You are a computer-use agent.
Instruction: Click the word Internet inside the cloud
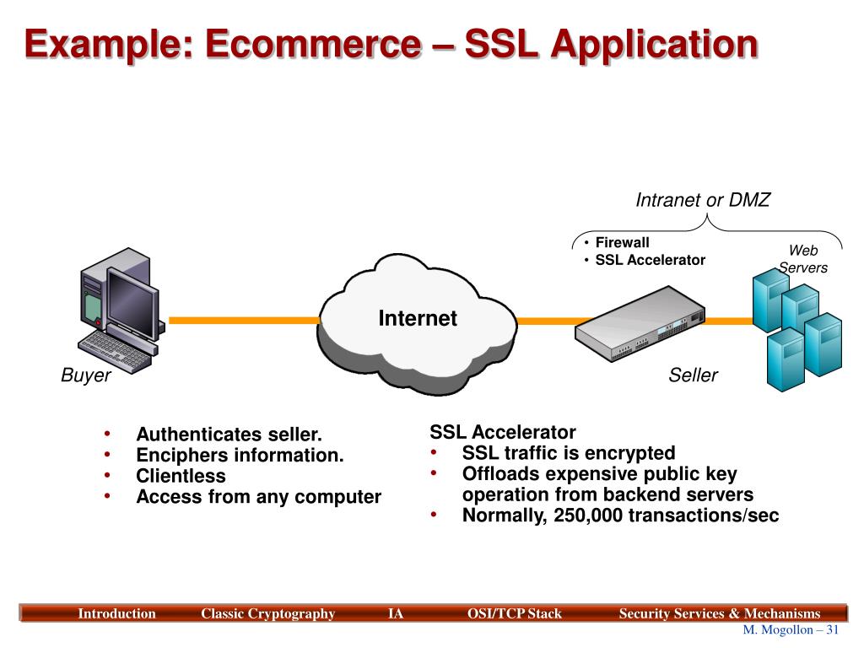(418, 318)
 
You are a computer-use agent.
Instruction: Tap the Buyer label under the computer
(86, 375)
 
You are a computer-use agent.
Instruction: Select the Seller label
(694, 375)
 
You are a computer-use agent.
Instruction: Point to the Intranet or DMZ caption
(703, 199)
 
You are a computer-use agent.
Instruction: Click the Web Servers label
(803, 259)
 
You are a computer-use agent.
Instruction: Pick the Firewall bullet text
(622, 242)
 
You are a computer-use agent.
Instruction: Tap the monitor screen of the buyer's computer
(132, 303)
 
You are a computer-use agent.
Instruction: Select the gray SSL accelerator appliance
(640, 323)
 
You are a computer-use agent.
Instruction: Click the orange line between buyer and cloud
(244, 320)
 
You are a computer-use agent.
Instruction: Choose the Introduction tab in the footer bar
(116, 613)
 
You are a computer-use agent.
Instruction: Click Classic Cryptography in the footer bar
(267, 613)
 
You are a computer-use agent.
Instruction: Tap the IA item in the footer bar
(395, 613)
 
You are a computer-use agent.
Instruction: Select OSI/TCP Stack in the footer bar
(514, 613)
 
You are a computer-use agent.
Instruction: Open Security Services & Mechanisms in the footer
(720, 613)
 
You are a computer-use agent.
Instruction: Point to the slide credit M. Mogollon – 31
(791, 629)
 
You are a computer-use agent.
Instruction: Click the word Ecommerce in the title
(314, 44)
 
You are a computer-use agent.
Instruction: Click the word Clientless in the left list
(181, 476)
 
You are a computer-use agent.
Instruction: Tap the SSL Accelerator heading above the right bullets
(503, 432)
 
